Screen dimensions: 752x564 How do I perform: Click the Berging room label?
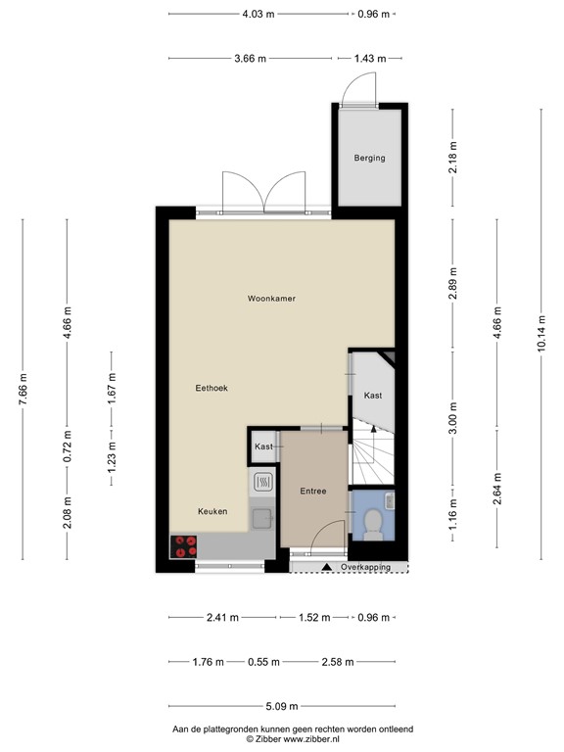(x=369, y=158)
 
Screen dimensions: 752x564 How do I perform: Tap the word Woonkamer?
(x=271, y=298)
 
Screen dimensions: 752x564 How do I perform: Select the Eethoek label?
(x=211, y=389)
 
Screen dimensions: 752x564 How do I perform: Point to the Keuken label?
(x=212, y=511)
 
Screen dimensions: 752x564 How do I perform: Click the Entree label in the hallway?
(x=313, y=491)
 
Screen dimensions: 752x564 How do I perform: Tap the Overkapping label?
(x=365, y=567)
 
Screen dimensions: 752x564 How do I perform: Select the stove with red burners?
(x=184, y=546)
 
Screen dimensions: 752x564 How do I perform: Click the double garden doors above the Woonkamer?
(x=263, y=191)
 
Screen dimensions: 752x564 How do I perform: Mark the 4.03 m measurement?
(x=258, y=14)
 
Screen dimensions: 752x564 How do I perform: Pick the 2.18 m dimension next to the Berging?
(x=453, y=157)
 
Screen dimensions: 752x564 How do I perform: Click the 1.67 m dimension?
(x=112, y=389)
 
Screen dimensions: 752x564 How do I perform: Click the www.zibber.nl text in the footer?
(x=308, y=739)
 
